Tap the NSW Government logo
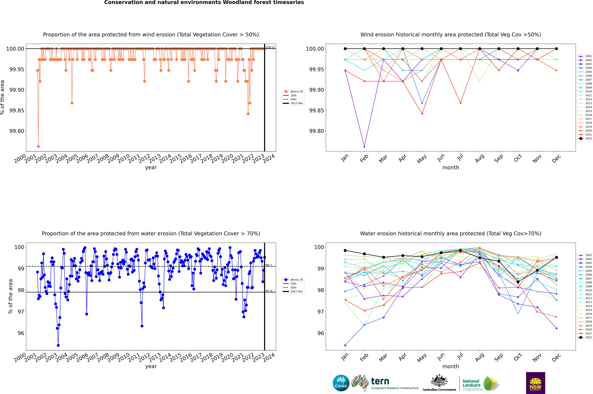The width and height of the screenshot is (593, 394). [535, 383]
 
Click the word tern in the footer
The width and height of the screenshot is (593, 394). [380, 381]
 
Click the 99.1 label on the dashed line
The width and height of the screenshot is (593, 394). [269, 265]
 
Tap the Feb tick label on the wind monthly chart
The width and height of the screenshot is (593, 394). [364, 158]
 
